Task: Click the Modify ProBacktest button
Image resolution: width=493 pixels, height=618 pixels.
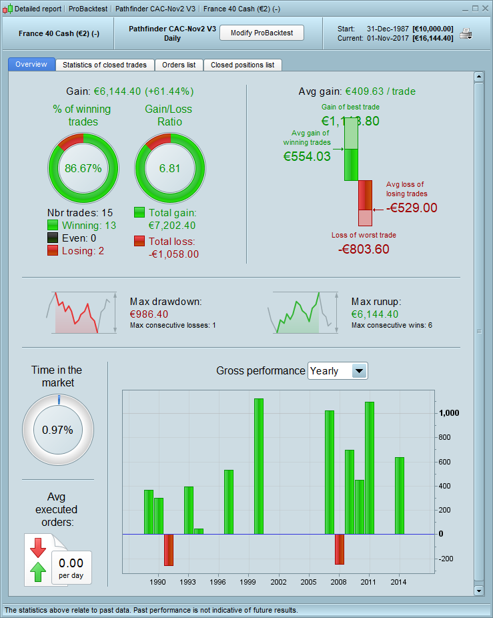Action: pos(262,33)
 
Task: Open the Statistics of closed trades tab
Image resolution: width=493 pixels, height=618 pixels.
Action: pos(105,65)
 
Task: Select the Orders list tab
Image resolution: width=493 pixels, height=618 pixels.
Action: pos(179,65)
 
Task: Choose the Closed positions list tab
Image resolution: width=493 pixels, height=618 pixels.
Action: pos(242,65)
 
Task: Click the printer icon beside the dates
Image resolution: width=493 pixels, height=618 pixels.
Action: pos(466,34)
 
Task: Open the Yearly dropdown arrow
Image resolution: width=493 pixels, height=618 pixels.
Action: pos(359,371)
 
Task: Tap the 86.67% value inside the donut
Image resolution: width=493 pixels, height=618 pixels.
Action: pos(83,168)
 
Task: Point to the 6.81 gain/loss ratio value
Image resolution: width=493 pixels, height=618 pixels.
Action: pos(170,168)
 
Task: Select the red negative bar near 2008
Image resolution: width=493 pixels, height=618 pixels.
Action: pos(340,549)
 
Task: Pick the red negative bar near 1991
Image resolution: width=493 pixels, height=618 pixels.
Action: pos(169,549)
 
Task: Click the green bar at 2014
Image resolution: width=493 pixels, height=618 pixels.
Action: pos(400,495)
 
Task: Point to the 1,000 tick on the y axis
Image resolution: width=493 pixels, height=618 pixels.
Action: pos(449,413)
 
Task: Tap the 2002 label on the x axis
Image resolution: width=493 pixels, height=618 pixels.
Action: pos(278,582)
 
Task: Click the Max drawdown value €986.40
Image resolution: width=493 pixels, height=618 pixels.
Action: pos(149,314)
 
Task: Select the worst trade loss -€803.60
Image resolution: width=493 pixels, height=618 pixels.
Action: pos(364,249)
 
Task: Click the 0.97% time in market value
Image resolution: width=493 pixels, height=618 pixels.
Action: pos(57,430)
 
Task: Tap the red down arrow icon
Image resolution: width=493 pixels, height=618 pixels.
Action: pos(38,547)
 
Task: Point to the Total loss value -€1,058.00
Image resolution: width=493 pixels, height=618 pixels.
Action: pos(173,254)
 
